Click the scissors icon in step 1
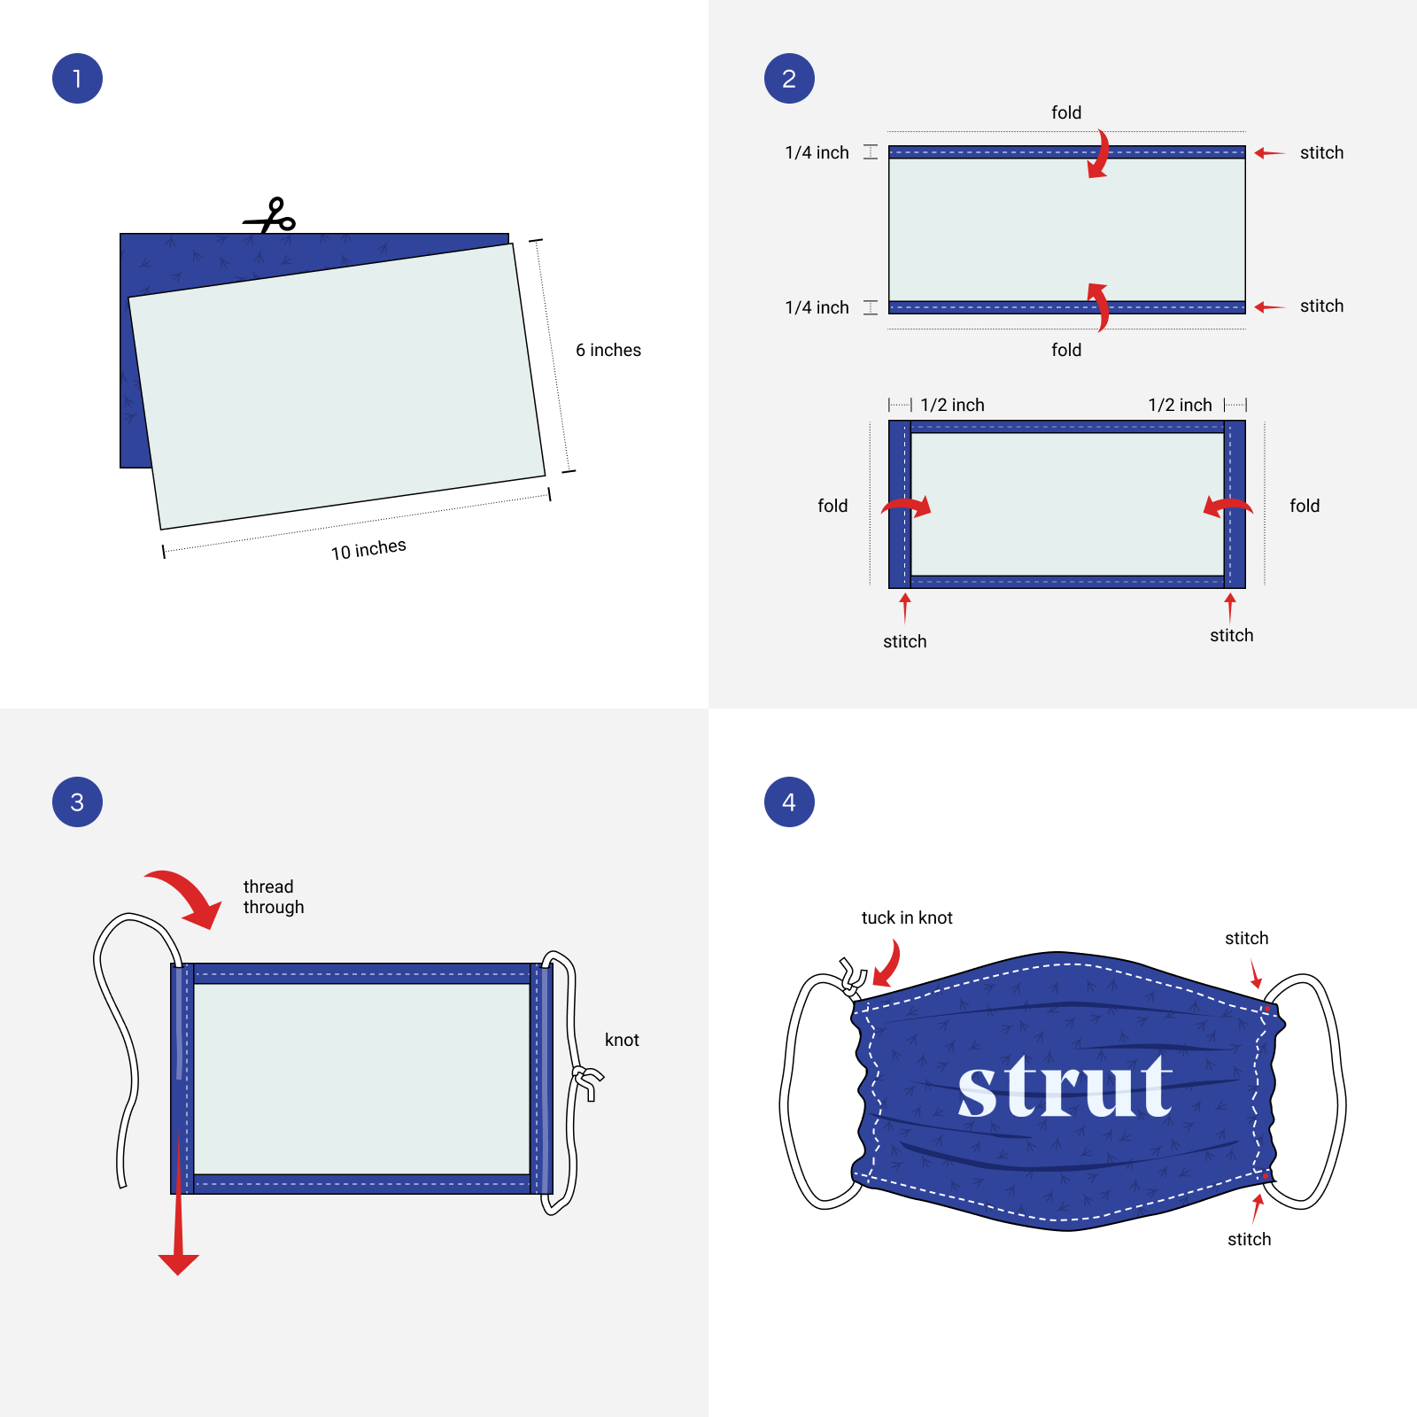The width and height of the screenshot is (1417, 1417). click(270, 216)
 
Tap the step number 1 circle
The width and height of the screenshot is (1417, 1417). click(78, 79)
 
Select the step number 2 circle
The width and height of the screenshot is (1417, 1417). click(789, 79)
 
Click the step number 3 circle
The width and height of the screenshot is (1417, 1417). click(78, 802)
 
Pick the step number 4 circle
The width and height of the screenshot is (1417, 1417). click(789, 802)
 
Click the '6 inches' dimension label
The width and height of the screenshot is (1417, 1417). click(608, 350)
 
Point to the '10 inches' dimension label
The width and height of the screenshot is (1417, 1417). click(368, 549)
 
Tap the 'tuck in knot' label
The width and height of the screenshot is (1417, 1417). click(907, 918)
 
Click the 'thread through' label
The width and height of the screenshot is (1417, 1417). click(274, 896)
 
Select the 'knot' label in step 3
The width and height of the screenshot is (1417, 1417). click(622, 1040)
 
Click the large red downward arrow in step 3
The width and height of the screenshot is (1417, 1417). click(179, 1204)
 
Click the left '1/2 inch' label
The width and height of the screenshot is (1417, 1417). click(952, 405)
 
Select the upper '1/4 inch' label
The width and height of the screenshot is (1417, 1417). click(817, 152)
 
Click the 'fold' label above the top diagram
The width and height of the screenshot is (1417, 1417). click(1066, 112)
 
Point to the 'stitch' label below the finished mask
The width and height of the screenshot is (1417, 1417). click(1249, 1239)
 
